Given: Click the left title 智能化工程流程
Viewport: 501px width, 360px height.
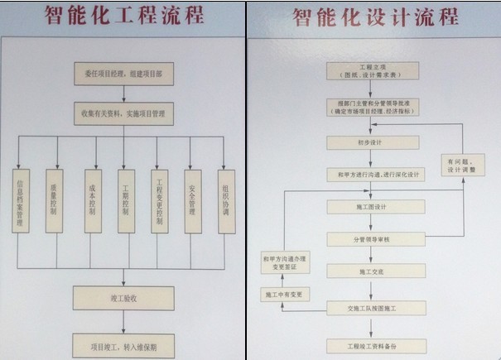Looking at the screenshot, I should pos(124,17).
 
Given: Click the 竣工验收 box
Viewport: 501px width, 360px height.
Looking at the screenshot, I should pos(123,298).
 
